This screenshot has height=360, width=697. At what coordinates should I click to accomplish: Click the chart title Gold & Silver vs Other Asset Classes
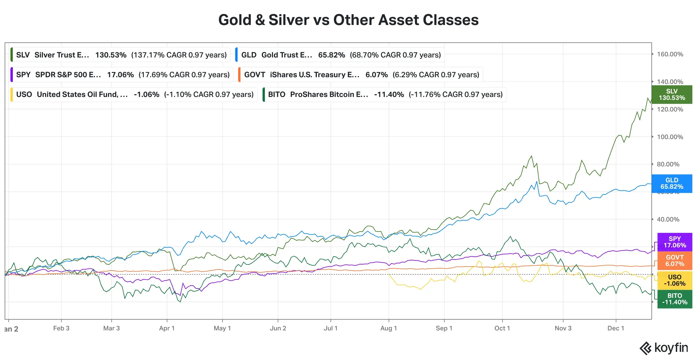(348, 20)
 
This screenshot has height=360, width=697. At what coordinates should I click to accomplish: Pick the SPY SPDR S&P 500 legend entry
(122, 75)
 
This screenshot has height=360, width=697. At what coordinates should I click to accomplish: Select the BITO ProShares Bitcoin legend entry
(385, 94)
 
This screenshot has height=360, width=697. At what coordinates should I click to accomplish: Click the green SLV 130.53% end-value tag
(672, 95)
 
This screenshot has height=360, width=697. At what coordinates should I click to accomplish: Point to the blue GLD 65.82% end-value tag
(672, 183)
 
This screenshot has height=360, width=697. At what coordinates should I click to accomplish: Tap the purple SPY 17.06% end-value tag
(675, 242)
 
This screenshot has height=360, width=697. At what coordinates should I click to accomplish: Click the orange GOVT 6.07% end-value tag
(675, 260)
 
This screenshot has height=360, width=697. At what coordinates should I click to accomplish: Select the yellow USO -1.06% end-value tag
(675, 280)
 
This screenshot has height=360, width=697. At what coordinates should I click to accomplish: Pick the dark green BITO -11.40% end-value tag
(675, 299)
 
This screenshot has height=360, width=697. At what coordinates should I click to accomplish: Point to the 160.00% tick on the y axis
(670, 54)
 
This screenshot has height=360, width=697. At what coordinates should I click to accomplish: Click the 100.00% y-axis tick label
(670, 137)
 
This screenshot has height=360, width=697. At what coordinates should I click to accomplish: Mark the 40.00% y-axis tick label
(668, 219)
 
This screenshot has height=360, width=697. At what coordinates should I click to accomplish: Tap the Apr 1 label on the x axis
(167, 328)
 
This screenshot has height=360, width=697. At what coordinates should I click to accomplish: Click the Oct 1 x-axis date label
(502, 328)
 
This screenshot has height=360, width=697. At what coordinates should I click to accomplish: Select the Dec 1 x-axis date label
(616, 328)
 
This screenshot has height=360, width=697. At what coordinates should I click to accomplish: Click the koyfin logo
(664, 348)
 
